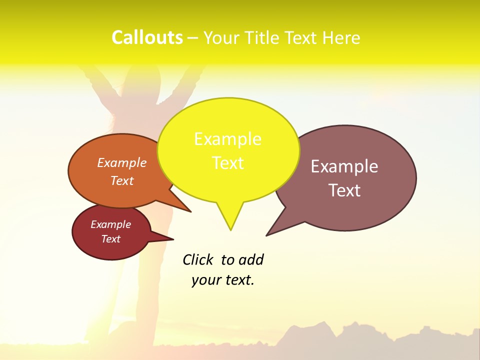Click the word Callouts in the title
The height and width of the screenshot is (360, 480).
point(147,38)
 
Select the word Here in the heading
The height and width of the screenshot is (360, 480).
point(341,38)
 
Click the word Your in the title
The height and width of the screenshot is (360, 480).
point(222,38)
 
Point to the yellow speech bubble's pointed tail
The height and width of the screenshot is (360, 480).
point(230,220)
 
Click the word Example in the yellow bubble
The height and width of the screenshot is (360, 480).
point(227,139)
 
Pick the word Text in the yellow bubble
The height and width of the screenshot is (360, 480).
point(228,163)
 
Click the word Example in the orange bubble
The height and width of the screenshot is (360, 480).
point(122,162)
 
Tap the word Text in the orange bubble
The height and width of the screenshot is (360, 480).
point(122,180)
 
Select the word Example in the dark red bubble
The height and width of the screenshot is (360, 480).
point(110,224)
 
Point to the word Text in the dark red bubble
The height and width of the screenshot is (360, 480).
point(111,239)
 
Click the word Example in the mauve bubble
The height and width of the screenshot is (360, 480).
point(344,166)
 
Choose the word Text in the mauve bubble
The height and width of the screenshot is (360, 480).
point(344,190)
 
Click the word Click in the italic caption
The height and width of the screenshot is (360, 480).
point(197,259)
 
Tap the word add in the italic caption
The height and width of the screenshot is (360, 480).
point(251,259)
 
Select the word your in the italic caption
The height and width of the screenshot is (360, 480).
point(206,280)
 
